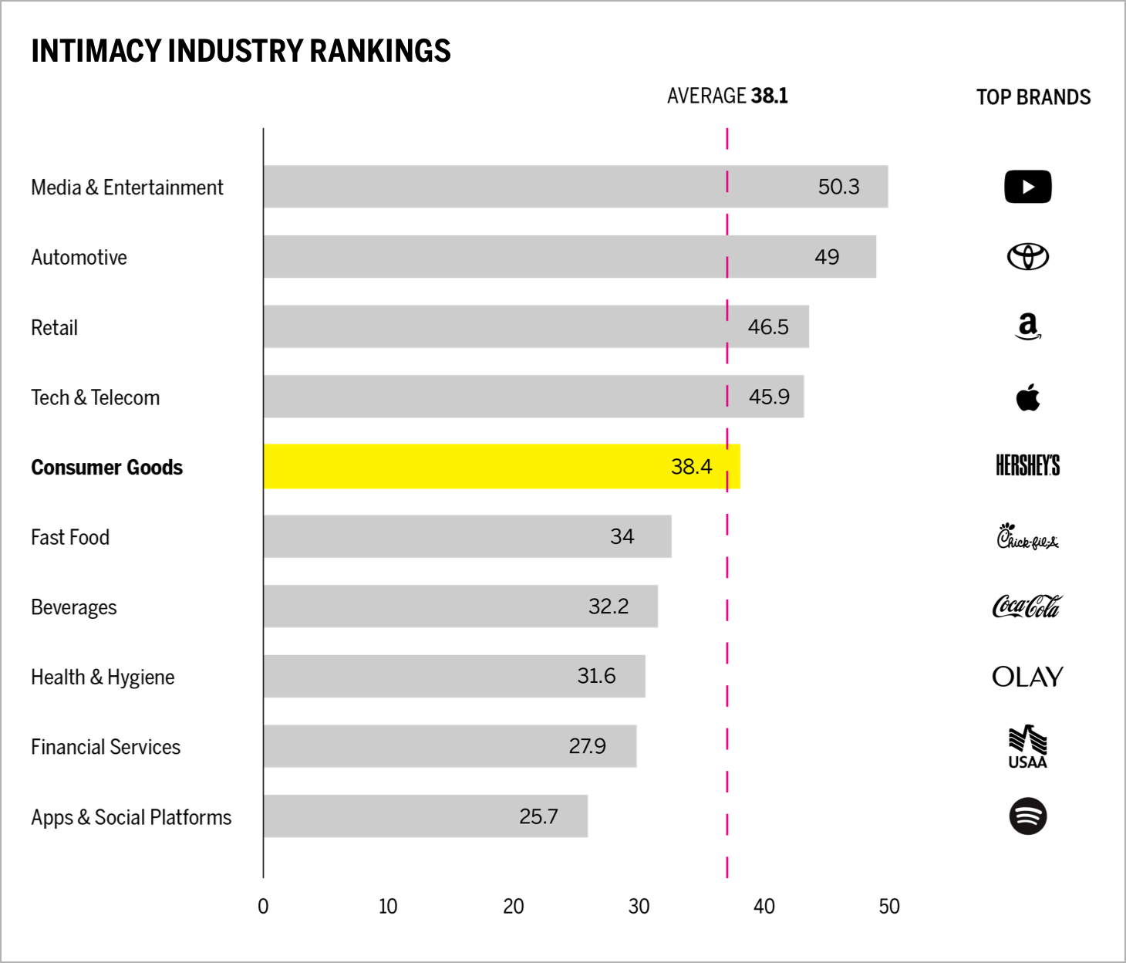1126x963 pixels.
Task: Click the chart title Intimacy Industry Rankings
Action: coord(241,51)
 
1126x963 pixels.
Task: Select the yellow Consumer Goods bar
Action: coord(501,466)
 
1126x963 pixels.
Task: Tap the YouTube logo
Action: coord(1027,187)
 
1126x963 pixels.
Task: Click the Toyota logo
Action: coord(1027,257)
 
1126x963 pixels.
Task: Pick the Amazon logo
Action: coord(1027,326)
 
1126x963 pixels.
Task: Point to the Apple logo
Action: coord(1027,397)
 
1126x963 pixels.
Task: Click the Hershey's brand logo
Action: coord(1027,466)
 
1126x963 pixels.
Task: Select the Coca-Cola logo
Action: coord(1027,607)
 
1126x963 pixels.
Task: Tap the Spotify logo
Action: coord(1027,816)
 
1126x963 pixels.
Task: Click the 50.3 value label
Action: coord(838,187)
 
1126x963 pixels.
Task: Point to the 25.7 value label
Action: coord(538,816)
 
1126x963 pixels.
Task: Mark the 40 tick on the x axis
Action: coord(764,907)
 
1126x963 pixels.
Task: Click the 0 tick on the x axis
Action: coord(263,907)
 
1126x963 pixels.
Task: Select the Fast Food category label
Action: coord(70,537)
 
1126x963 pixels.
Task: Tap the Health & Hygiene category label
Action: coord(103,677)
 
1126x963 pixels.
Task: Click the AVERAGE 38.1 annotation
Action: coord(727,96)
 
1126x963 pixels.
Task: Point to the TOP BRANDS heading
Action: coord(1033,97)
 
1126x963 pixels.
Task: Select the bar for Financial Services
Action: coord(450,746)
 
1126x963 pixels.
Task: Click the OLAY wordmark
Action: coord(1027,677)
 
